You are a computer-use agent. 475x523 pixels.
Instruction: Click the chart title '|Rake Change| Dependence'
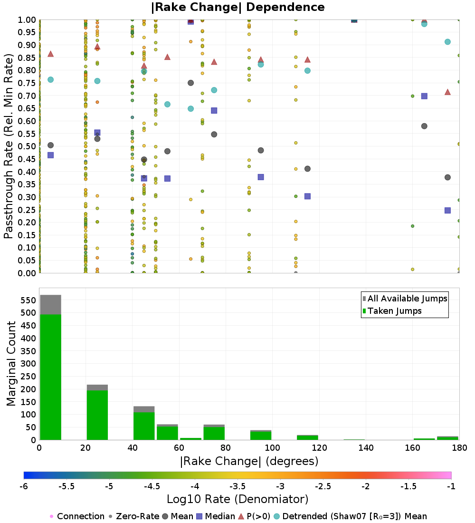pyautogui.click(x=237, y=7)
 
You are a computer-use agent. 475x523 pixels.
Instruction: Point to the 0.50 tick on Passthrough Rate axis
pyautogui.click(x=28, y=146)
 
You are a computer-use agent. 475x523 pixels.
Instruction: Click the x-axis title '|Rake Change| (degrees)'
pyautogui.click(x=249, y=461)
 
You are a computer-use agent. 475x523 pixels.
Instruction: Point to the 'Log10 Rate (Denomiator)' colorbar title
pyautogui.click(x=237, y=499)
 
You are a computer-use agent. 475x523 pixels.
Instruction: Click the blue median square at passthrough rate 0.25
pyautogui.click(x=447, y=210)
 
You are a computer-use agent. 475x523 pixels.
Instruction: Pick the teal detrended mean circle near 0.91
pyautogui.click(x=447, y=42)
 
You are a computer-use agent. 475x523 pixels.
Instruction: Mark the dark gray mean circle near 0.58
pyautogui.click(x=424, y=126)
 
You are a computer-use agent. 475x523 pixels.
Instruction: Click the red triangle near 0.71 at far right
pyautogui.click(x=447, y=92)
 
